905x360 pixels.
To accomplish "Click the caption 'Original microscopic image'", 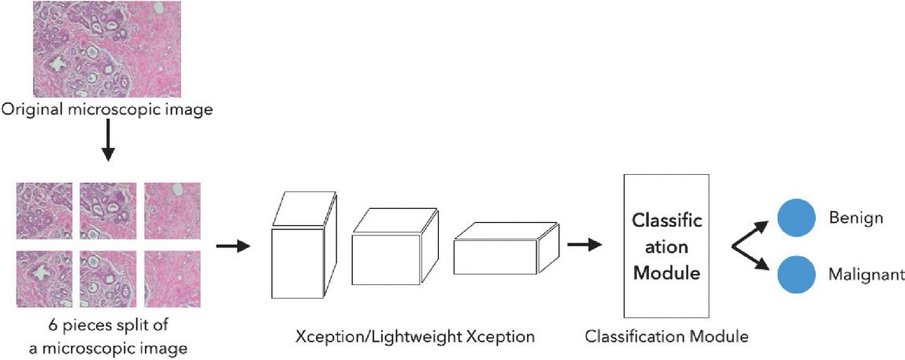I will tap(107, 109).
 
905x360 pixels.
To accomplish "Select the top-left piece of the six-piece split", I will tap(45, 210).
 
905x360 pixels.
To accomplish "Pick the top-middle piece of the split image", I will tap(108, 210).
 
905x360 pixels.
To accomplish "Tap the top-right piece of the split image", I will tap(172, 210).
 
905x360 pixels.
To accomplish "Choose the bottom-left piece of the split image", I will tap(45, 277).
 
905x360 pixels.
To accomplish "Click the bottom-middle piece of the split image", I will tap(108, 277).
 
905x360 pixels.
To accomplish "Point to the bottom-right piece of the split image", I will tap(172, 277).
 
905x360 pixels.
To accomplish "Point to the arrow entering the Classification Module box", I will tap(584, 244).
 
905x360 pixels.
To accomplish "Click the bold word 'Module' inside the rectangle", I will tap(667, 274).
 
